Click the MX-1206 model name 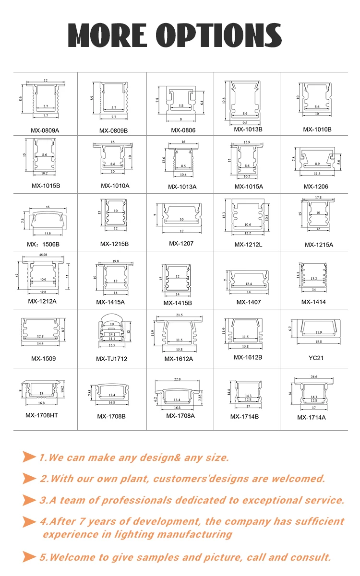316,186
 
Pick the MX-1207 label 181,243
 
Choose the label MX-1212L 248,245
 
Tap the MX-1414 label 313,302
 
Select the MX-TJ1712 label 111,359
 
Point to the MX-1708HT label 42,415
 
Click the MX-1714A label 312,417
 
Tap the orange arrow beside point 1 29,458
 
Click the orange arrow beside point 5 29,557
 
